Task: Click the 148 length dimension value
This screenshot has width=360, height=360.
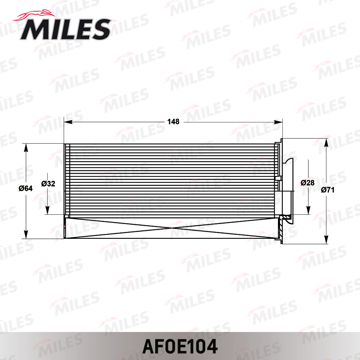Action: (173, 122)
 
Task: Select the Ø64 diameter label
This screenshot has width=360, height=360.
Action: (26, 189)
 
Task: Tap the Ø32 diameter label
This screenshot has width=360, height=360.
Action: (48, 184)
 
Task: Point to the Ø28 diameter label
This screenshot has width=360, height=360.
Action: (307, 182)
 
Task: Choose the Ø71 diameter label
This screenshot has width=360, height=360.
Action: (328, 190)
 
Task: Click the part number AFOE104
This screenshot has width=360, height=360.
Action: (180, 346)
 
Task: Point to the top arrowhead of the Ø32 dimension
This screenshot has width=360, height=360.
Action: (48, 176)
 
